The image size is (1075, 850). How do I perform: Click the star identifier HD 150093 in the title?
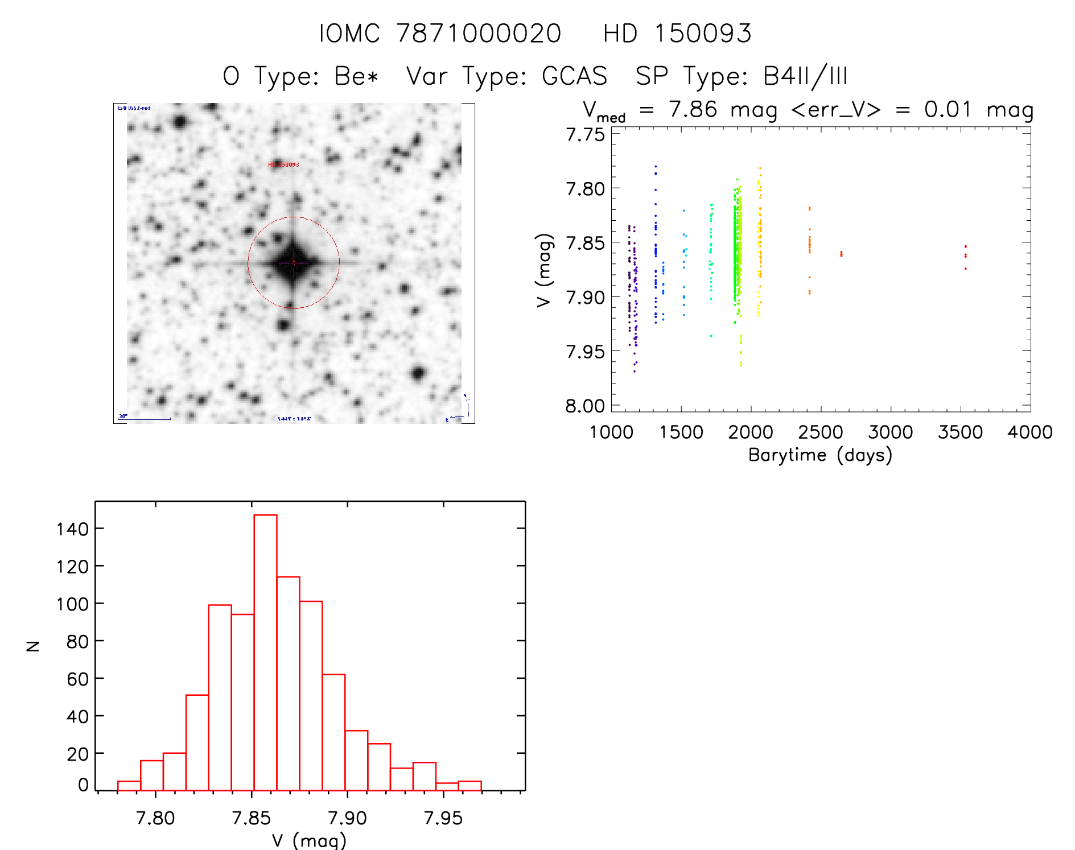[677, 34]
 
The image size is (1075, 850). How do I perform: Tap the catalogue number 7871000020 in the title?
[479, 34]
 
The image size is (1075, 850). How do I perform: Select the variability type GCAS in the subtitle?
[574, 76]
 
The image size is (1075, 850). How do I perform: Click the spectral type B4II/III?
[805, 76]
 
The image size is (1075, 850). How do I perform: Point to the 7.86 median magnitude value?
[693, 109]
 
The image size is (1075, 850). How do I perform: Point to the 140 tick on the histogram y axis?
[72, 529]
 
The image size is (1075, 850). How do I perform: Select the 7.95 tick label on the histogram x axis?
[443, 818]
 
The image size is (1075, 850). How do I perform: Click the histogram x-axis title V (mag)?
[309, 840]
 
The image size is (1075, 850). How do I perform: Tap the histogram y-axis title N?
[34, 646]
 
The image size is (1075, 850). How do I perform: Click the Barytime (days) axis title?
[820, 455]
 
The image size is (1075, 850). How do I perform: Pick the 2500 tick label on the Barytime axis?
[820, 432]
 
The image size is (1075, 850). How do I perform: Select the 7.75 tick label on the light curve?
[585, 135]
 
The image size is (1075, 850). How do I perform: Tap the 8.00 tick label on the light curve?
[585, 406]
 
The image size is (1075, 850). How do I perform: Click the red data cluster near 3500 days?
[965, 255]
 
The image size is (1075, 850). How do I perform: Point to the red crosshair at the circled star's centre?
[294, 262]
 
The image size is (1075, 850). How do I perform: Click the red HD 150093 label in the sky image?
[283, 164]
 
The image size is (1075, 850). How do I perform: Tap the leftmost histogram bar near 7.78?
[129, 786]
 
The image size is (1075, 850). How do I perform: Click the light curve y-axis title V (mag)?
[545, 270]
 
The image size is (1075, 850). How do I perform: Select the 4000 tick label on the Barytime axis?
[1029, 432]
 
